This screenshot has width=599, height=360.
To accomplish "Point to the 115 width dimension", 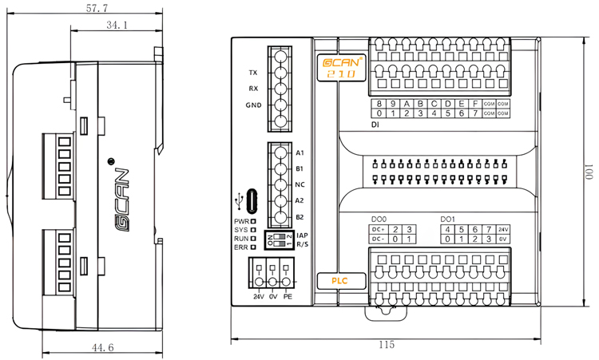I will (386, 345).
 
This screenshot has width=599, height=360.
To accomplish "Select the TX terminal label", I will (252, 73).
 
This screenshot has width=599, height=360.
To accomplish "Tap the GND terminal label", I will (252, 105).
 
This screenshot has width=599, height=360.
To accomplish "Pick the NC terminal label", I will (299, 184).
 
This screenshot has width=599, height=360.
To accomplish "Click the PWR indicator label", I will (241, 221).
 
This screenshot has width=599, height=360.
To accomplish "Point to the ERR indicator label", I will (241, 248).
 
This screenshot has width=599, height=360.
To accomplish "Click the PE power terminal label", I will (288, 297).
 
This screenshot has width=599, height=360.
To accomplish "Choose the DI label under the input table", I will (375, 125).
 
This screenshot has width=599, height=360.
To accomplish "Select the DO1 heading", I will (447, 219).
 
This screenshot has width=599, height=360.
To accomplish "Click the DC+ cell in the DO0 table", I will (379, 229).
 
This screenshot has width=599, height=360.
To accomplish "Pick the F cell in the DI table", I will (475, 104).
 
